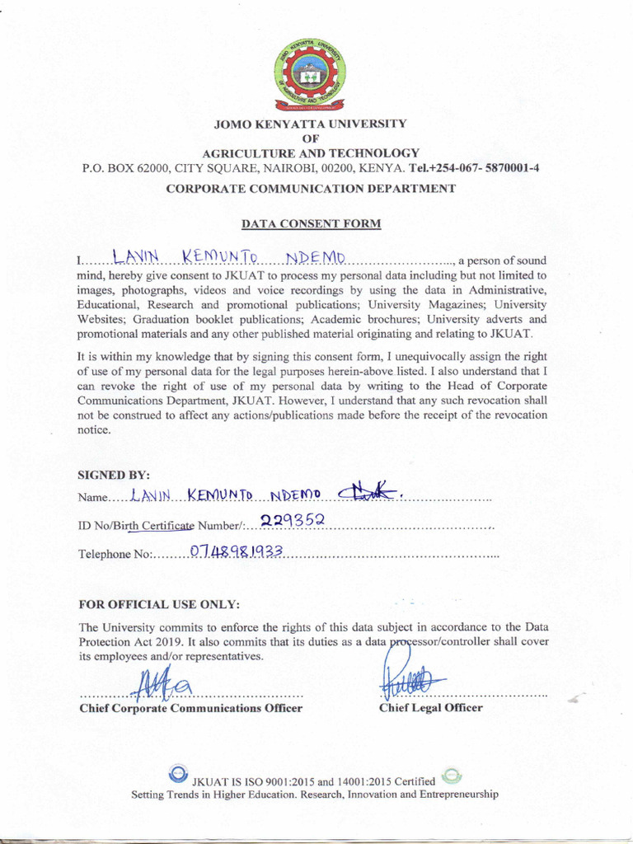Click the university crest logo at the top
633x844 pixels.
pyautogui.click(x=309, y=73)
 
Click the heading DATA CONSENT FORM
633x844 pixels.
pyautogui.click(x=310, y=223)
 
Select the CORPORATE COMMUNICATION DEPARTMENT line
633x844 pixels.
pyautogui.click(x=310, y=189)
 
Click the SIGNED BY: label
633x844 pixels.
pyautogui.click(x=108, y=475)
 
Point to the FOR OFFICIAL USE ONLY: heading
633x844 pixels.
pyautogui.click(x=158, y=605)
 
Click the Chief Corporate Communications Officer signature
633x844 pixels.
pyautogui.click(x=164, y=682)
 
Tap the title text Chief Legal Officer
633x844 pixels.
pyautogui.click(x=430, y=708)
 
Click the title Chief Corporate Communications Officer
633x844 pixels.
pyautogui.click(x=190, y=708)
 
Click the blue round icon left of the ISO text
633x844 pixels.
pyautogui.click(x=177, y=774)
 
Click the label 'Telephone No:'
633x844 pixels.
pyautogui.click(x=114, y=554)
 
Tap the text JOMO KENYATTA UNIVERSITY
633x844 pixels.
pyautogui.click(x=310, y=124)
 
